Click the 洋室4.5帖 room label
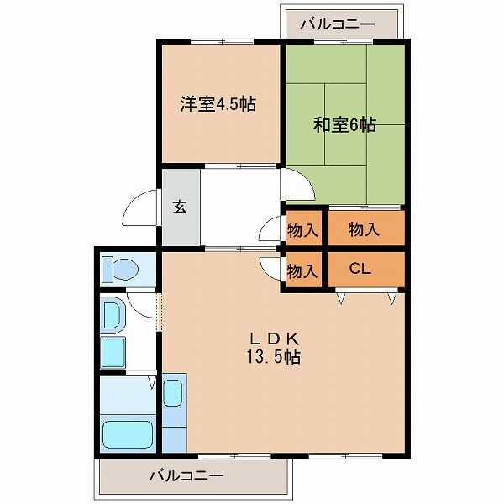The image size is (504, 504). pyautogui.click(x=218, y=105)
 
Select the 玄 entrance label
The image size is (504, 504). pyautogui.click(x=180, y=207)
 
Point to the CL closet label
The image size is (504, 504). pyautogui.click(x=360, y=270)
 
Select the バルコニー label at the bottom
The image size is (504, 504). pyautogui.click(x=186, y=476)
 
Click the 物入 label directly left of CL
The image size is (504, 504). pyautogui.click(x=302, y=270)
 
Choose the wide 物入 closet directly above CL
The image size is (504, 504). pyautogui.click(x=364, y=228)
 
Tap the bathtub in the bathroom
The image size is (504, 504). pyautogui.click(x=127, y=437)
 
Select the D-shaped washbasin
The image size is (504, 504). pyautogui.click(x=112, y=316)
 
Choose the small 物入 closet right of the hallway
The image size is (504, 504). pyautogui.click(x=302, y=228)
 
